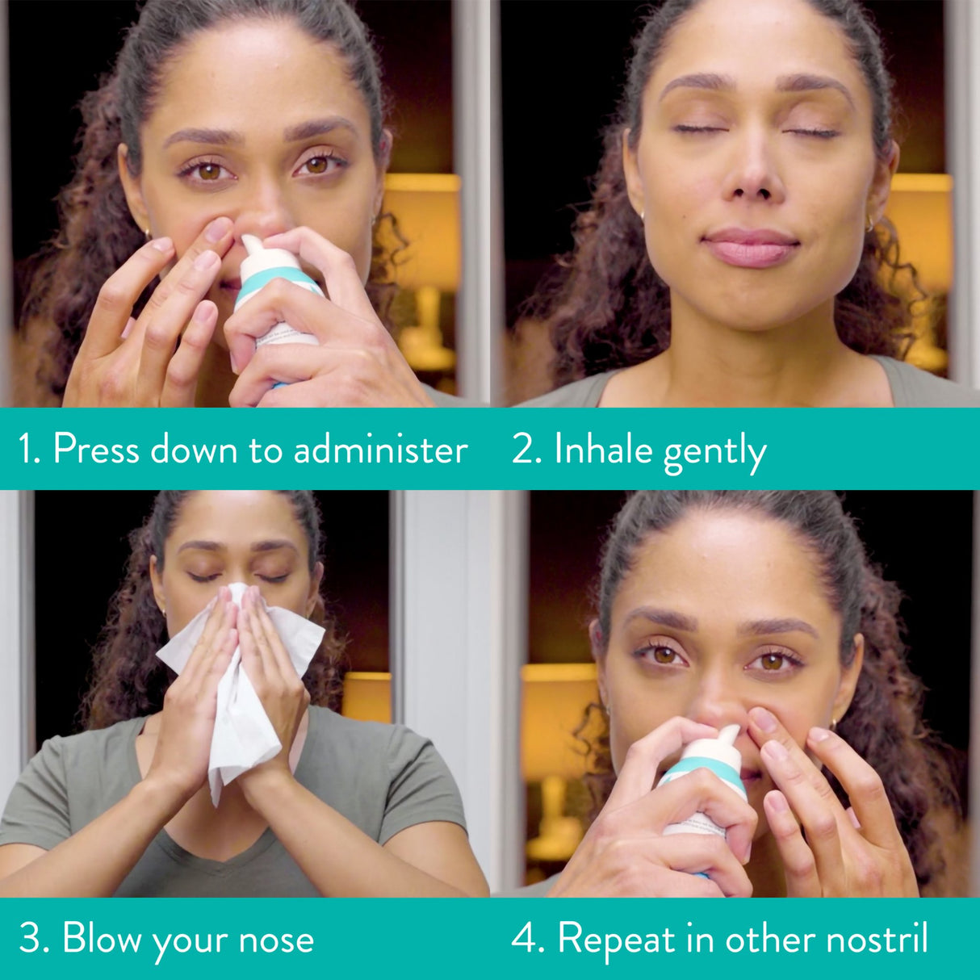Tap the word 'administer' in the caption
(x=380, y=450)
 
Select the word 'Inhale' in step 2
(x=603, y=450)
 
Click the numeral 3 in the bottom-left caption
(x=30, y=940)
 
